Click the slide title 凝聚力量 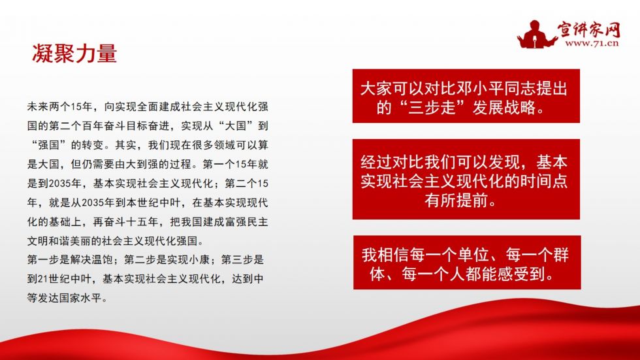(x=74, y=54)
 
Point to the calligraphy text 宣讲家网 (x=589, y=28)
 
